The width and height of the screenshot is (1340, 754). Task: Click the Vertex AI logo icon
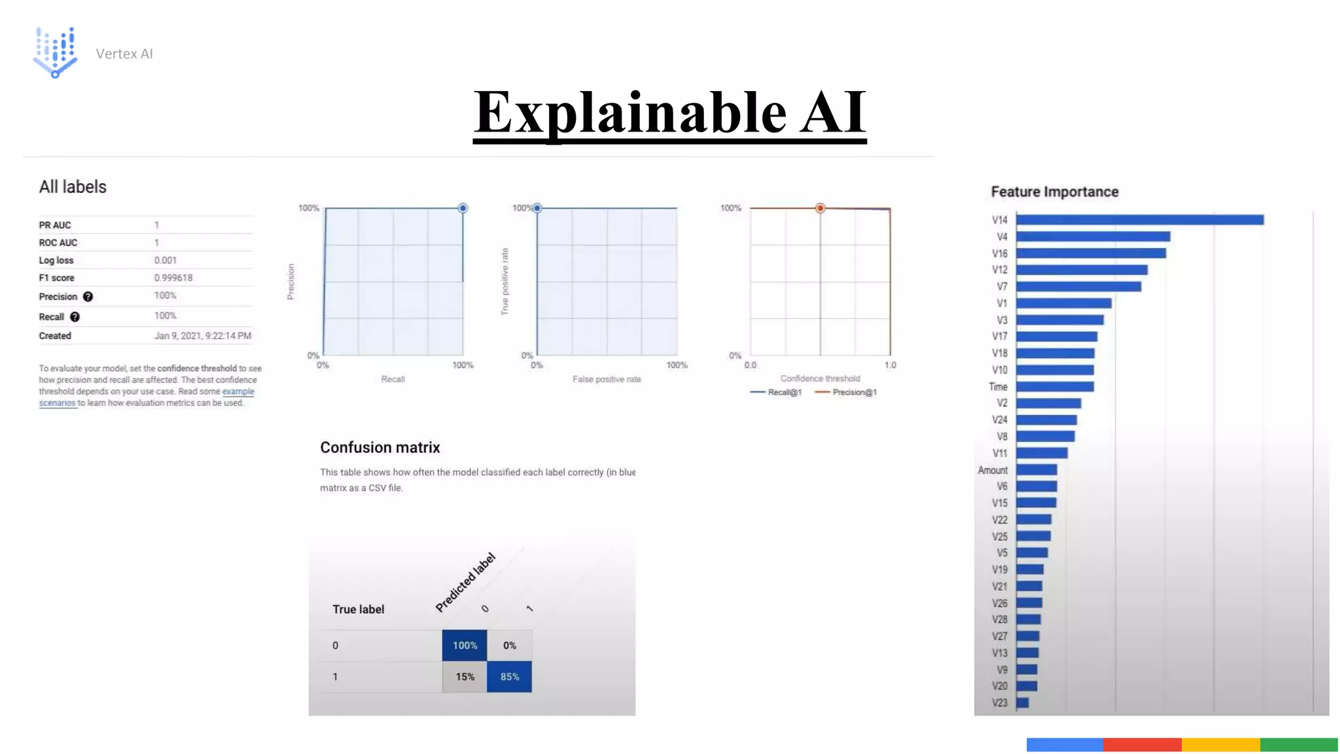tap(56, 52)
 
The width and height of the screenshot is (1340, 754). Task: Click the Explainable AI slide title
tap(669, 113)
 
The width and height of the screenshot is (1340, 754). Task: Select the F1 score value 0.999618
tap(173, 278)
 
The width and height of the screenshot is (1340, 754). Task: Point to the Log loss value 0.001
tap(166, 260)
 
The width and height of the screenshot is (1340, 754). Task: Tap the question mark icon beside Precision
tap(88, 296)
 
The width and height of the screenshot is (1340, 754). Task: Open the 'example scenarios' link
tap(238, 391)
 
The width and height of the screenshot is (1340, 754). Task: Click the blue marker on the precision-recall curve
tap(463, 208)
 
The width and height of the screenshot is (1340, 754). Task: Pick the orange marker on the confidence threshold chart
tap(820, 208)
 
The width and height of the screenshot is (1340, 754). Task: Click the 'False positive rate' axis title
tap(607, 379)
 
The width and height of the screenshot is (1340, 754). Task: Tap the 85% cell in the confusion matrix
tap(509, 677)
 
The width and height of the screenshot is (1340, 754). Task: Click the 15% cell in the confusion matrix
tap(465, 677)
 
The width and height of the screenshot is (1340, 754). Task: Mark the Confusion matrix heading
tap(379, 448)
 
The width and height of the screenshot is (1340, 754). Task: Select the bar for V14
tap(1139, 220)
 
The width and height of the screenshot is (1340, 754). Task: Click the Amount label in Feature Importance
tap(993, 470)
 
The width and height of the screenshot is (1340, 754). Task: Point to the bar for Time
tap(1055, 387)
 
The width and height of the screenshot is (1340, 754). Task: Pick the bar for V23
tap(1023, 703)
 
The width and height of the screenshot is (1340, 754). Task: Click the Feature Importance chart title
tap(1054, 192)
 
